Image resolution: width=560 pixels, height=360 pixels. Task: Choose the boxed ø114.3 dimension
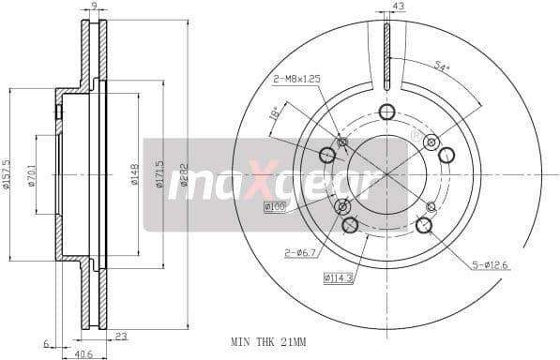point(340,277)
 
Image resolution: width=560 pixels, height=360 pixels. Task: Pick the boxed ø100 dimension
point(275,206)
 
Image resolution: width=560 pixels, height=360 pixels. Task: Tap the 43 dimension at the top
point(398,7)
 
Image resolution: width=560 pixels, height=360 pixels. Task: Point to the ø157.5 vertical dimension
point(8,174)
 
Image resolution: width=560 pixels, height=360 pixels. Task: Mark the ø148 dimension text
point(134,174)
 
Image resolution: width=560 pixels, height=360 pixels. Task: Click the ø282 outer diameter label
point(184,174)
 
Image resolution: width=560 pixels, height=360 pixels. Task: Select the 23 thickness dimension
point(121,337)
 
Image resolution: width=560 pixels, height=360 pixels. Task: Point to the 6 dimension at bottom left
point(45,343)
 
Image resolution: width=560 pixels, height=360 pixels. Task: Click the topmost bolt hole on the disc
point(386,112)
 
